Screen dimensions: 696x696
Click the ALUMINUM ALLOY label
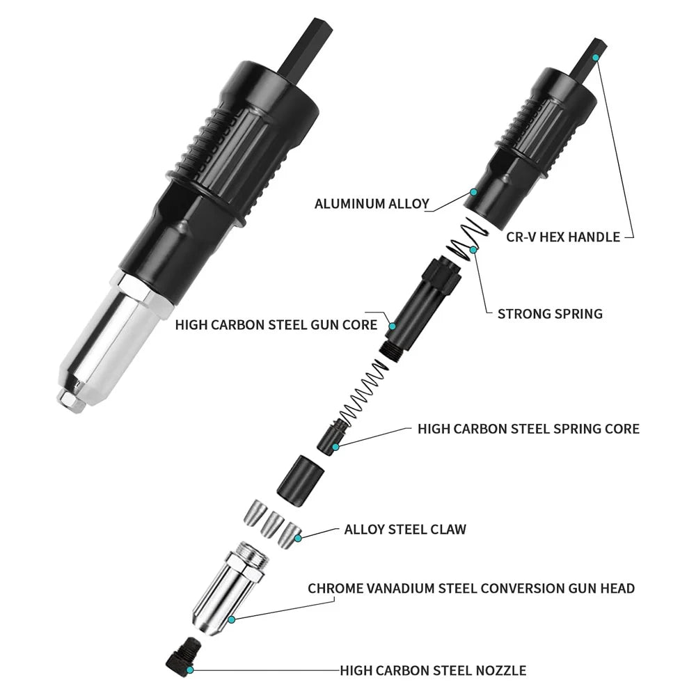[x=372, y=204]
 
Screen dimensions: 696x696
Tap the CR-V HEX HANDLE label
[x=563, y=237]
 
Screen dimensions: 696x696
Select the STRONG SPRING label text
[x=550, y=314]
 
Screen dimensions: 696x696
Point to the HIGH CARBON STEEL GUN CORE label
[x=276, y=324]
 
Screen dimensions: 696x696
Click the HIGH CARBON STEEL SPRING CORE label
[x=529, y=429]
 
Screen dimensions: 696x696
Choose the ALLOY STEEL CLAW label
[x=405, y=529]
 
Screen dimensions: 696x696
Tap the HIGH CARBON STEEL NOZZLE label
[x=433, y=670]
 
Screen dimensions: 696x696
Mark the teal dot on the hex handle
[x=595, y=57]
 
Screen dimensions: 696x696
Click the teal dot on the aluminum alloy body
[x=473, y=192]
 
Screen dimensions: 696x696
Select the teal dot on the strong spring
[x=473, y=251]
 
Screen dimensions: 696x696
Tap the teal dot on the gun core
[x=393, y=326]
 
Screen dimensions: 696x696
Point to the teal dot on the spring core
[x=335, y=447]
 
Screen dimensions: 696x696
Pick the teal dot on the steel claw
[x=299, y=538]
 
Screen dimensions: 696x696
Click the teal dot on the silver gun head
[x=231, y=619]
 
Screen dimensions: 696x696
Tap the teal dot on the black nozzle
[x=190, y=670]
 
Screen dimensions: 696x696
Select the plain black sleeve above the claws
[x=299, y=480]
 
